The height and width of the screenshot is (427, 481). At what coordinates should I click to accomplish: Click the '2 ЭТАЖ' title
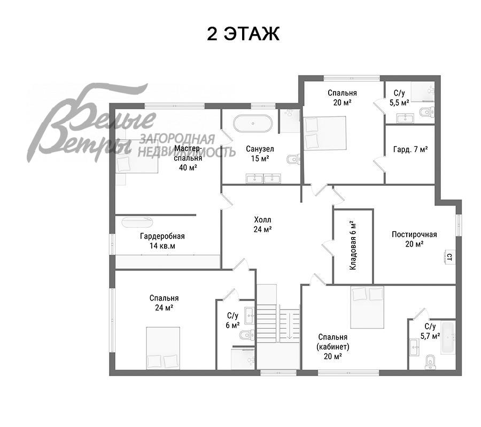243,34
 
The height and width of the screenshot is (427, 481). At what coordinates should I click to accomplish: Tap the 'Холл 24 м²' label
262,225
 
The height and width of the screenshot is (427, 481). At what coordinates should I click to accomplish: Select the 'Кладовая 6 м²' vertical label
353,245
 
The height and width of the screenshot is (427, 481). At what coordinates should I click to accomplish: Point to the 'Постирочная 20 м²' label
414,239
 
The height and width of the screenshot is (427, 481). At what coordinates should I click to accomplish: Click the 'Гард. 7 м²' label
410,149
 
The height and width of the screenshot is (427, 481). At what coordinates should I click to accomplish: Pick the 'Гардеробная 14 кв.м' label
162,241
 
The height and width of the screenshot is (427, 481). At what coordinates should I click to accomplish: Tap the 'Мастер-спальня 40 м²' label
188,158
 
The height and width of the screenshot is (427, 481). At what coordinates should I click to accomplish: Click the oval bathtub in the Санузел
253,123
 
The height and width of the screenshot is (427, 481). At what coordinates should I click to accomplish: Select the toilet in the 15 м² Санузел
293,159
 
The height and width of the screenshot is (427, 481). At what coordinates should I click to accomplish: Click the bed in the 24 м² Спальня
162,348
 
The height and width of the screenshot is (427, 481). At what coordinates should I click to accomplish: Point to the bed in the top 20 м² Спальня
325,133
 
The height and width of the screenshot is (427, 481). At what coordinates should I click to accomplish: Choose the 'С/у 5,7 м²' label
430,331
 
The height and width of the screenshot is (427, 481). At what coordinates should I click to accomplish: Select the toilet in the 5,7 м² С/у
430,362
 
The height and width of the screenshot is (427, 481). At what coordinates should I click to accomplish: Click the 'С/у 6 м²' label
232,320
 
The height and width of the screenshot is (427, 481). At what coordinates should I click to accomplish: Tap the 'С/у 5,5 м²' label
399,98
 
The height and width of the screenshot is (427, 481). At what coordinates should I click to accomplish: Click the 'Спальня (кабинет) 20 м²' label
333,347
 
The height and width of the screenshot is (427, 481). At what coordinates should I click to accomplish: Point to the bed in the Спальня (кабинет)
367,307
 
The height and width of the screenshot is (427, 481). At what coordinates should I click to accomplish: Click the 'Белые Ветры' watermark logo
92,123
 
